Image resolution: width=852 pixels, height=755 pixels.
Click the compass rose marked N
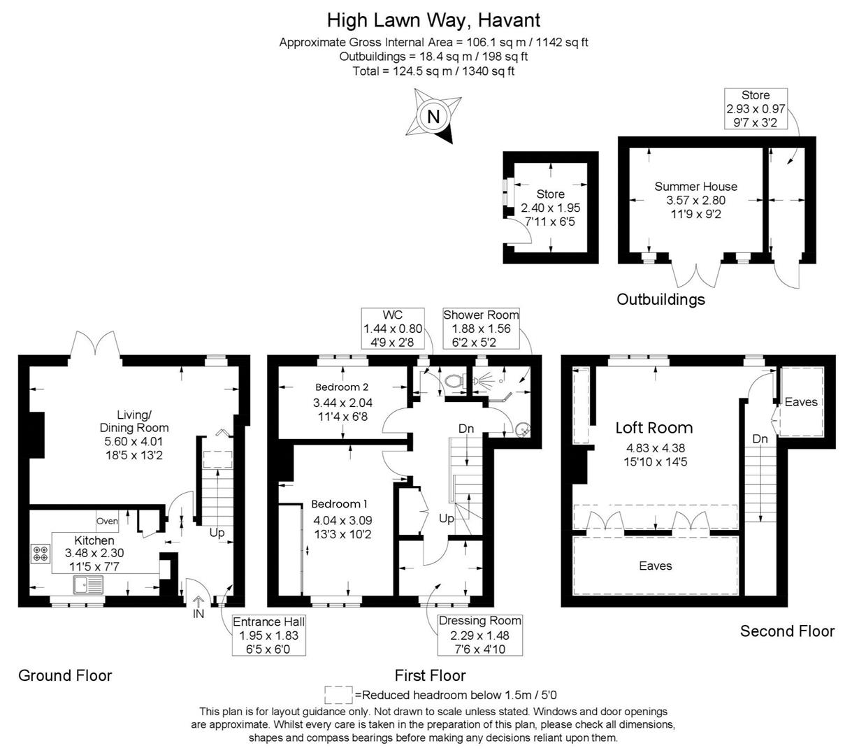coord(433,116)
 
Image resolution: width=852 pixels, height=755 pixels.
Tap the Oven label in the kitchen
coord(108,521)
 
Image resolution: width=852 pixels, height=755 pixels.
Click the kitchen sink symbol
coord(88,584)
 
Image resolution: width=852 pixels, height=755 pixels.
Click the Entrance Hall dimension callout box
coord(269,635)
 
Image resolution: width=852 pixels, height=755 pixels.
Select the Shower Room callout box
coord(481,329)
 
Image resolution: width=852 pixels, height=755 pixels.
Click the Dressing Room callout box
coord(479,635)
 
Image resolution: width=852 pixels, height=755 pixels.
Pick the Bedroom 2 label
coord(342,387)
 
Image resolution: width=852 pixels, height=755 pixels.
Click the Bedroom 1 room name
coord(339,504)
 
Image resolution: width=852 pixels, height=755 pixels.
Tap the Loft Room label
coord(654,428)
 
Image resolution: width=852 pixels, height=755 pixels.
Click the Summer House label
coord(695,186)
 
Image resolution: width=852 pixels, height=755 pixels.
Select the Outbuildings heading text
coord(660,300)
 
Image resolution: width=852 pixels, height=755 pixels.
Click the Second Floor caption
coord(787,631)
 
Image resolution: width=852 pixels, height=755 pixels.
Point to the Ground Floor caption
coord(65,675)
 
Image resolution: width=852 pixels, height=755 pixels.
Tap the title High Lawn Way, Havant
coord(433,20)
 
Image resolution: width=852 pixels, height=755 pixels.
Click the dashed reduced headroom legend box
coord(338,695)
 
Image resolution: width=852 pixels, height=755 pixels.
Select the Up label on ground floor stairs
coord(217,533)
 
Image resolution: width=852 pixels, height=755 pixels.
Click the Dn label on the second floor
coord(760,439)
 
